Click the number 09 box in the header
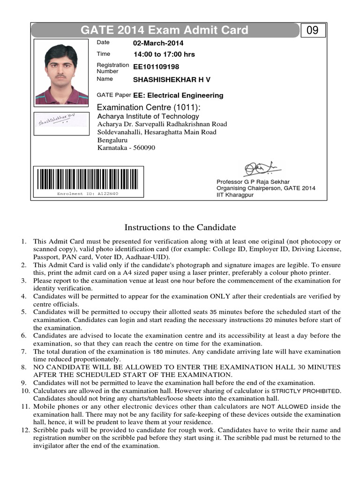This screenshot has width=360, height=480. coord(312,30)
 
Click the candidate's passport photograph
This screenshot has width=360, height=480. coord(61,72)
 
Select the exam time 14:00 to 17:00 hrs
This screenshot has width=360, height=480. coord(164,54)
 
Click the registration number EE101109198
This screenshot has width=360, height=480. coord(156,67)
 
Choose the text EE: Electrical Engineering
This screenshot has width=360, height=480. coord(178,95)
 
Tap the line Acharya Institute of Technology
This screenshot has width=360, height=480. coord(148,116)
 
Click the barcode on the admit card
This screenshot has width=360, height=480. coord(88,178)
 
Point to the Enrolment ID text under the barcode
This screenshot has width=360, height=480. coord(88,194)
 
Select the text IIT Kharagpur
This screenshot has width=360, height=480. coord(234,195)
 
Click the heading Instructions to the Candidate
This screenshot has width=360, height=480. coord(180,227)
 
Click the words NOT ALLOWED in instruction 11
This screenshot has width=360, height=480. coord(285,407)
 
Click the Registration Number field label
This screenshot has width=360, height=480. coord(112,68)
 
